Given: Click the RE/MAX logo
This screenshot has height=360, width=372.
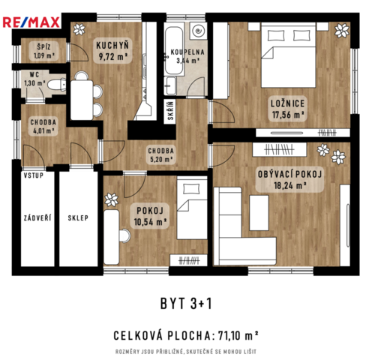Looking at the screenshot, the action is [x=31, y=22].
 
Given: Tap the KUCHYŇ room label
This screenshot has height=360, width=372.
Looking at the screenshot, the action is [x=112, y=46].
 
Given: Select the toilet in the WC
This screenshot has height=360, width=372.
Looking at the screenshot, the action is [x=57, y=85].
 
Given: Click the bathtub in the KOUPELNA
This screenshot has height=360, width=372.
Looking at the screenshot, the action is [x=174, y=50].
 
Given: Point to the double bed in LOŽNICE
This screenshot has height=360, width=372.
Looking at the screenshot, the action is [x=288, y=55].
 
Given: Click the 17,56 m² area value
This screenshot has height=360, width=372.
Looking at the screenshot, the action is [x=288, y=115].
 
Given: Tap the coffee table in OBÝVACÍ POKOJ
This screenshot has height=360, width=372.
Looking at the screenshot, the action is [x=259, y=213].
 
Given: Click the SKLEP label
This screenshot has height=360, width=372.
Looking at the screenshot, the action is [x=78, y=218].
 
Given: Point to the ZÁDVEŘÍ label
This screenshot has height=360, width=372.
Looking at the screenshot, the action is [x=37, y=218].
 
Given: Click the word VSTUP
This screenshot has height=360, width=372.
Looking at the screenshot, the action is [x=34, y=175].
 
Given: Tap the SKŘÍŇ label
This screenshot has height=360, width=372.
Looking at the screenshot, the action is [x=170, y=110].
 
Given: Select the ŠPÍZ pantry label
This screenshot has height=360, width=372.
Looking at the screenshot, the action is [x=43, y=46].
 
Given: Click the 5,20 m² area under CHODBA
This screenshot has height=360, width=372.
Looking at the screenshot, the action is [x=160, y=159].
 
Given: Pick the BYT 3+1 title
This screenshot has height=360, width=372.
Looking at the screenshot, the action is [x=186, y=304].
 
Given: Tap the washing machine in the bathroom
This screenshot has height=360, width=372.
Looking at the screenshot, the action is [x=198, y=31].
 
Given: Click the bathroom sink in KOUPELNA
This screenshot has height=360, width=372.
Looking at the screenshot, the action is [x=171, y=85].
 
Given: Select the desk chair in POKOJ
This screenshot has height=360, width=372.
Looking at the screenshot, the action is [x=124, y=235].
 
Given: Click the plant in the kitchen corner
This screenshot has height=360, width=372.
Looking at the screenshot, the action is [x=79, y=29].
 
